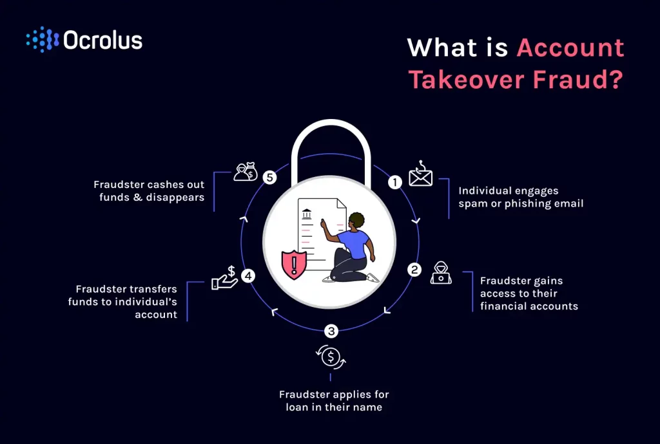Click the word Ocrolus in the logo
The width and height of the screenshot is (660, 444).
pos(103,40)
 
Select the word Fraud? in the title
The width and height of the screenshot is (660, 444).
pos(586,79)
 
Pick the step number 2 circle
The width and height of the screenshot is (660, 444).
pos(414,270)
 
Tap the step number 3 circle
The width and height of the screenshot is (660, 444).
pos(331,331)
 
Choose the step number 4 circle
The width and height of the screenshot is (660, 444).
pos(247,276)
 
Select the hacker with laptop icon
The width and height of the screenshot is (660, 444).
pos(442,273)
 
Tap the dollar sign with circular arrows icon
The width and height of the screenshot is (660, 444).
pos(331,356)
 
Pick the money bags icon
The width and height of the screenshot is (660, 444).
pos(246,172)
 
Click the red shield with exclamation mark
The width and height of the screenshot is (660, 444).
pos(294,263)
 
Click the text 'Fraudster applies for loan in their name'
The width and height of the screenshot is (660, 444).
pos(334,400)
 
